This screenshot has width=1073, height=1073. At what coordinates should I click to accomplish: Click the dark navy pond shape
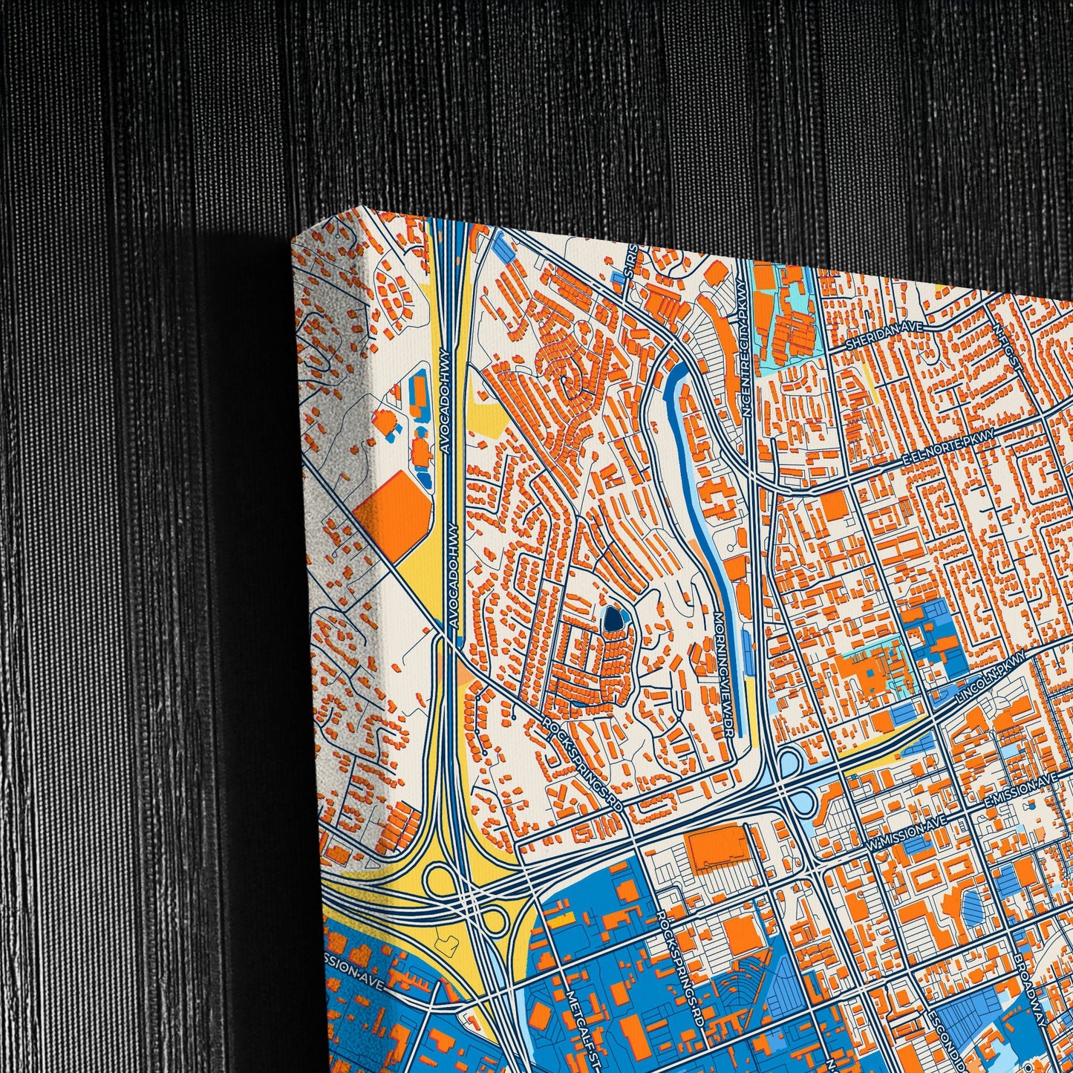(612, 617)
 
